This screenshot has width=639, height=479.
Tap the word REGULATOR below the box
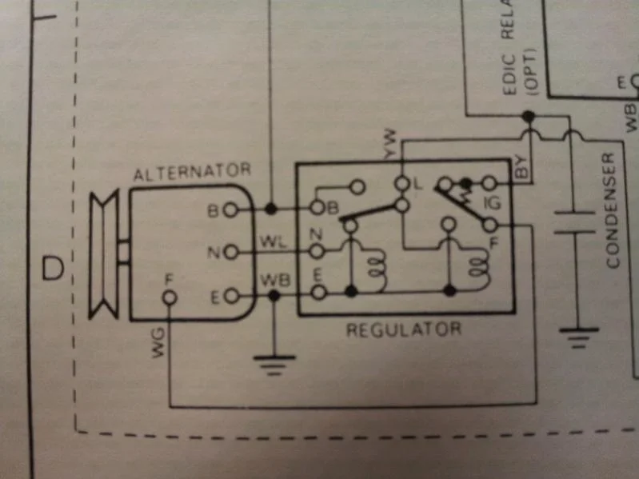coord(403,329)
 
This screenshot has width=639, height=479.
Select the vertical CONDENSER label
coord(613,210)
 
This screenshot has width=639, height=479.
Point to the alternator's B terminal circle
coord(230,210)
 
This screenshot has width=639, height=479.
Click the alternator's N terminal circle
coord(230,253)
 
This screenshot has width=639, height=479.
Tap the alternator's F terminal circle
coord(170,297)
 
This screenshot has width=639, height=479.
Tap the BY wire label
coord(521,166)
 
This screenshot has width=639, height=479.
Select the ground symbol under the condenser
coord(575,334)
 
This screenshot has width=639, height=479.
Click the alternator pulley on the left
coord(103,254)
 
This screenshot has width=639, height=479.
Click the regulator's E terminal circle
coord(318,293)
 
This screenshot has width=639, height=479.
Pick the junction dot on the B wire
coord(272,209)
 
